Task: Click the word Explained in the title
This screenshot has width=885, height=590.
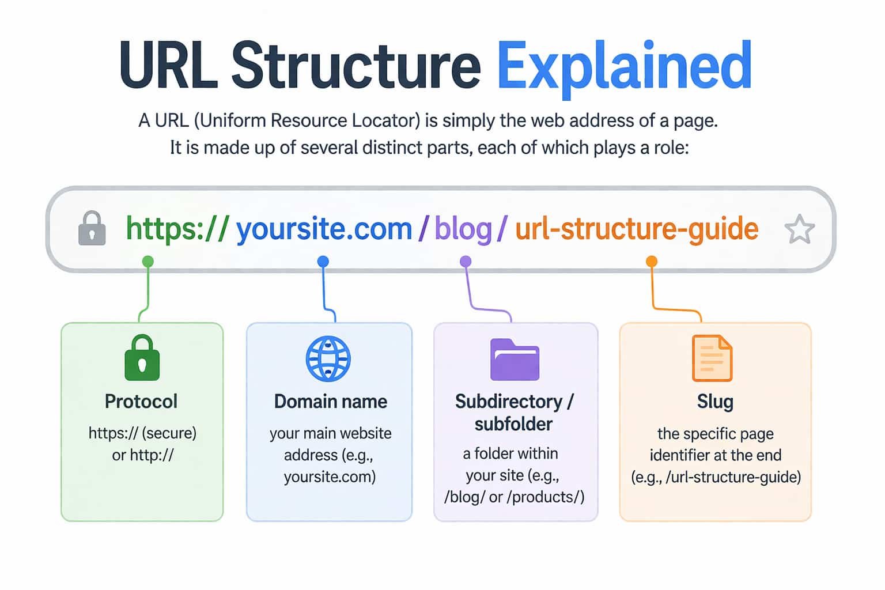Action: tap(624, 66)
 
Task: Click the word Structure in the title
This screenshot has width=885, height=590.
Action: tap(355, 65)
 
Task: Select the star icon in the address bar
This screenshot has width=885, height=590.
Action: tap(799, 229)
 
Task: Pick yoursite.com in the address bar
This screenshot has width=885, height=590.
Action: tap(324, 229)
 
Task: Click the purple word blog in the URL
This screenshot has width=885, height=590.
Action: tap(463, 229)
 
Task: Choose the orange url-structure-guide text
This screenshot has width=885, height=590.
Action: tap(637, 229)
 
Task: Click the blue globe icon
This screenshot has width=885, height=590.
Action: tap(328, 358)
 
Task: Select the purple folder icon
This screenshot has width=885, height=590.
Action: tap(515, 360)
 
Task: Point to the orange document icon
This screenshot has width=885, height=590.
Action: tap(712, 358)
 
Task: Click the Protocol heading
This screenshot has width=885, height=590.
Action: tap(141, 401)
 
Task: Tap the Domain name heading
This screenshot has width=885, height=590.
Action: tap(330, 401)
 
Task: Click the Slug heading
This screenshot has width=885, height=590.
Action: tap(715, 401)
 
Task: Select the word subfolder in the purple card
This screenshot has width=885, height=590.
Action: tap(513, 424)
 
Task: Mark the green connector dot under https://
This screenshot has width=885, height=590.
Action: tap(148, 262)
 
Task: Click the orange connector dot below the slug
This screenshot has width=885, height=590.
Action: tap(652, 262)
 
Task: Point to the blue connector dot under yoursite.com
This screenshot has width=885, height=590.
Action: tap(323, 262)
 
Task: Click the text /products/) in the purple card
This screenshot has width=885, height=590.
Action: tap(546, 497)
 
